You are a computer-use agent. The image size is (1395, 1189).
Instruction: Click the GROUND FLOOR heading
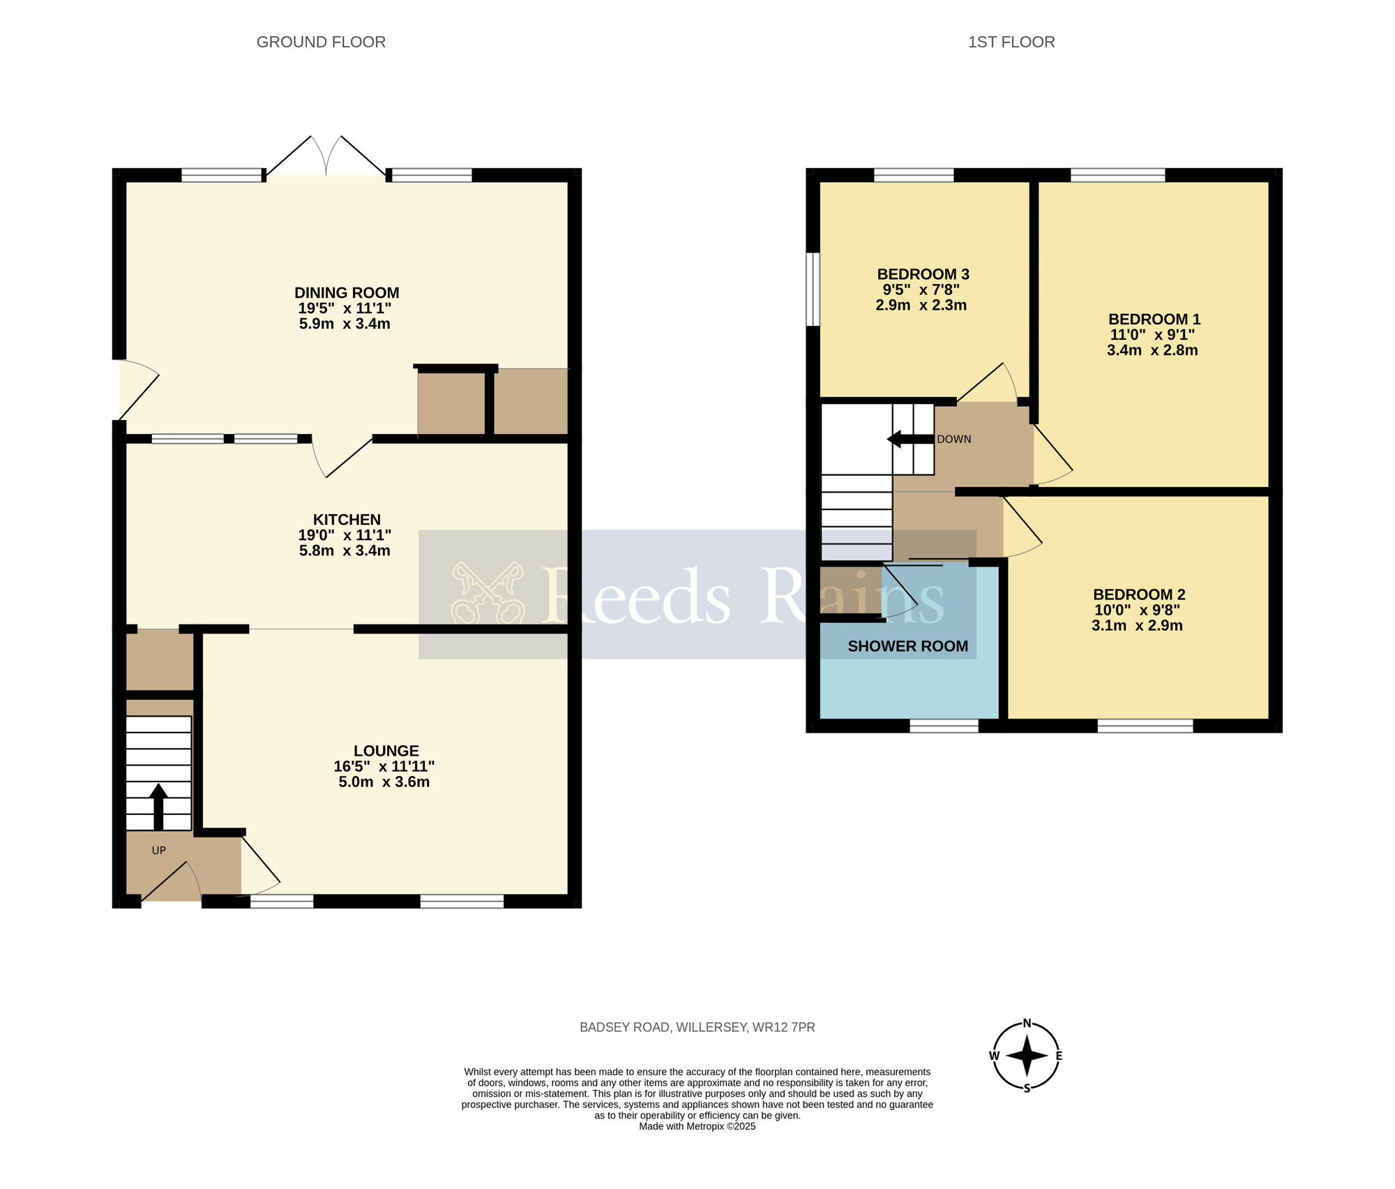(321, 42)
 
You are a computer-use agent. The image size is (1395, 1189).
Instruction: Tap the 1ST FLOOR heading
(1011, 42)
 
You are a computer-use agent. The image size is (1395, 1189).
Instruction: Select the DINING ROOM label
(347, 293)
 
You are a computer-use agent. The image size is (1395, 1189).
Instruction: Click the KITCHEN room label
(347, 520)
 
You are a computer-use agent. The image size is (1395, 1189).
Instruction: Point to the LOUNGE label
(386, 751)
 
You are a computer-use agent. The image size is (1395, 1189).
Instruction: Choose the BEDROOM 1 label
(1154, 320)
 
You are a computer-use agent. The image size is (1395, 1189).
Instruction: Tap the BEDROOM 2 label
(1139, 594)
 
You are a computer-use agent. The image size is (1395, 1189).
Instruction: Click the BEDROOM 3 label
(923, 274)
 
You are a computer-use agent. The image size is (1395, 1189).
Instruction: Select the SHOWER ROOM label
(908, 646)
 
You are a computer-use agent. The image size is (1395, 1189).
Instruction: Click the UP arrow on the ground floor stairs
(158, 806)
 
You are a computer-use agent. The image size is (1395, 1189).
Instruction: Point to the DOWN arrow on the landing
(910, 439)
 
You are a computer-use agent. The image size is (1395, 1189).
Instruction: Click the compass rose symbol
(1027, 1056)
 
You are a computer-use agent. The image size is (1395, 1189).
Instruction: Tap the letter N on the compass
(1027, 1024)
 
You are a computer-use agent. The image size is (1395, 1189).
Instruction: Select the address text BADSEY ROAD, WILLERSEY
(663, 1027)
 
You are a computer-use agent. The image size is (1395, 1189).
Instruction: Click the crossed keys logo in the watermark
(488, 593)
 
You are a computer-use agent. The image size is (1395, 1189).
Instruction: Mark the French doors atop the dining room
(326, 155)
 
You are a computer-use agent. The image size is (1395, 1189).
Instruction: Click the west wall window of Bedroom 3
(813, 289)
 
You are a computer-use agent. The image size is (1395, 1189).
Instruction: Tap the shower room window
(944, 726)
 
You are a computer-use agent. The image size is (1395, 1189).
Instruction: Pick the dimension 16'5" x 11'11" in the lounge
(384, 766)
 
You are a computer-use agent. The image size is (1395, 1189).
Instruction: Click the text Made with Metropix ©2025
(697, 1126)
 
